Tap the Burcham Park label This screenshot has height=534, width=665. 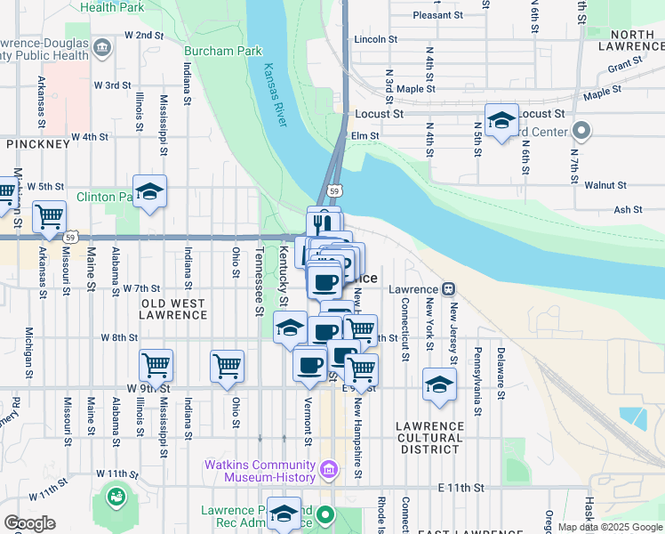coord(223,51)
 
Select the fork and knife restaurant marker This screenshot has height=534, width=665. coord(324,222)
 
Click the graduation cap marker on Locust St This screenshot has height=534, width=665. coord(501,119)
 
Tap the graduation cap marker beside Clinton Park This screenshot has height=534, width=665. coord(150,191)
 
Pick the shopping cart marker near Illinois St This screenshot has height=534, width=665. coord(156,364)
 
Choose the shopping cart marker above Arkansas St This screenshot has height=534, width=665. coord(49,216)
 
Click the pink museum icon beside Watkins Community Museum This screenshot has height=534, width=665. coord(328,468)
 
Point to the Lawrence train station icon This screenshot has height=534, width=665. coord(449,289)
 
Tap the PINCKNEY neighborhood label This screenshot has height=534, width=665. coord(38,143)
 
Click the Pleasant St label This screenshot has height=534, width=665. coord(438,15)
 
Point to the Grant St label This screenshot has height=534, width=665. coord(625,66)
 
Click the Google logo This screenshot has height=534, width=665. coord(29,523)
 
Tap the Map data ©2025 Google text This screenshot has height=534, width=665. coord(611,527)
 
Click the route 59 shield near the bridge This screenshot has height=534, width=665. coord(333,190)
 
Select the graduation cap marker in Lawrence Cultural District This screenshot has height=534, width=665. coord(439,384)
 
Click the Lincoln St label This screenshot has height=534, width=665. coord(374,40)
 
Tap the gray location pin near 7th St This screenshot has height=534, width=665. coord(582,131)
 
